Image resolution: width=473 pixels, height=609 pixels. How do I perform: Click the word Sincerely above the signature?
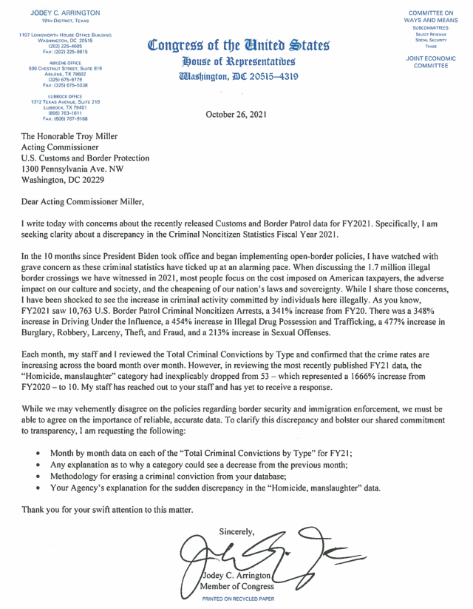coord(236,530)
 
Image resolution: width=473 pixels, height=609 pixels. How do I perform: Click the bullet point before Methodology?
coord(38,477)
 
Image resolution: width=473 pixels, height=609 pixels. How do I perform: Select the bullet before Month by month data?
coord(38,451)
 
